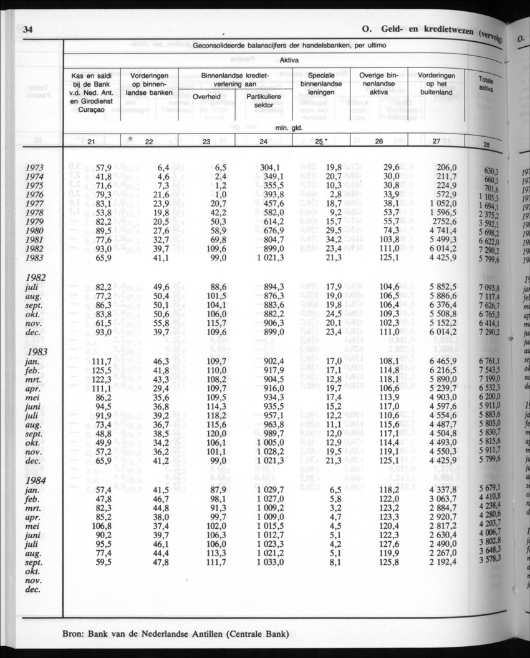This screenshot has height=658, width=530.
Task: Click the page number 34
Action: click(27, 30)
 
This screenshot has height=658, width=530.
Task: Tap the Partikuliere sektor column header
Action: click(264, 101)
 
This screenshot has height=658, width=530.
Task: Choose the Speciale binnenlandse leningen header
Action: click(322, 83)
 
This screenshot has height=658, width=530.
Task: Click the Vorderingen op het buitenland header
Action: click(436, 83)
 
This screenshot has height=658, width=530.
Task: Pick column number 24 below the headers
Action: click(264, 142)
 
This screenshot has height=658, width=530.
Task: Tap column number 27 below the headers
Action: click(436, 142)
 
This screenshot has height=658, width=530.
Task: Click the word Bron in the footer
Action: click(77, 636)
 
